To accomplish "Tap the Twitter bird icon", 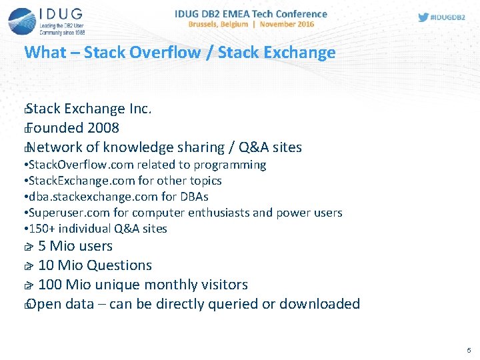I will pyautogui.click(x=423, y=17).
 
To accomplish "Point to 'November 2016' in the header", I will pyautogui.click(x=287, y=24).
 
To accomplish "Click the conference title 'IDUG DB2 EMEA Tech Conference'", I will pyautogui.click(x=251, y=13).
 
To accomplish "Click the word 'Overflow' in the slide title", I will pyautogui.click(x=167, y=53).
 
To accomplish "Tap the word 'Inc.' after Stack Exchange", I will pyautogui.click(x=141, y=109).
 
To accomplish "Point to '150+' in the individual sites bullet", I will pyautogui.click(x=41, y=229).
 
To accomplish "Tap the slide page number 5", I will pyautogui.click(x=469, y=351).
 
